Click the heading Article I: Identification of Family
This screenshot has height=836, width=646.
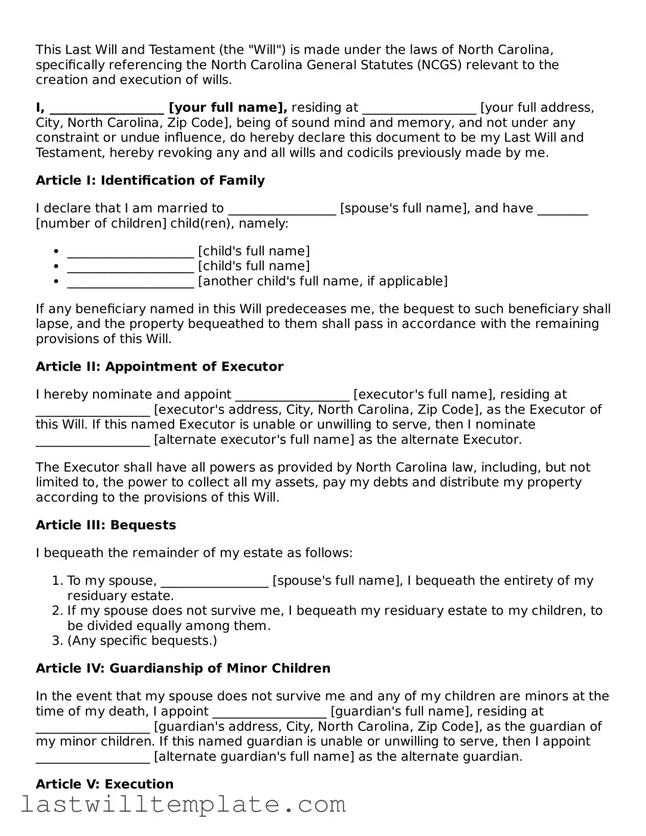pyautogui.click(x=150, y=180)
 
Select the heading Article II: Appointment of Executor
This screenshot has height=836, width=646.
pyautogui.click(x=159, y=366)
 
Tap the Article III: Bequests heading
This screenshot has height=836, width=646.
pyautogui.click(x=106, y=525)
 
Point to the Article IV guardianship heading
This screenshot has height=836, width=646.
pyautogui.click(x=183, y=668)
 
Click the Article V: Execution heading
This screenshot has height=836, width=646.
pyautogui.click(x=104, y=784)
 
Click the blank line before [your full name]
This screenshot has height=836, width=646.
pyautogui.click(x=107, y=109)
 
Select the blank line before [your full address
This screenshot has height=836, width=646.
pyautogui.click(x=419, y=109)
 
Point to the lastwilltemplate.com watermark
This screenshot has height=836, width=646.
pyautogui.click(x=183, y=804)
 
